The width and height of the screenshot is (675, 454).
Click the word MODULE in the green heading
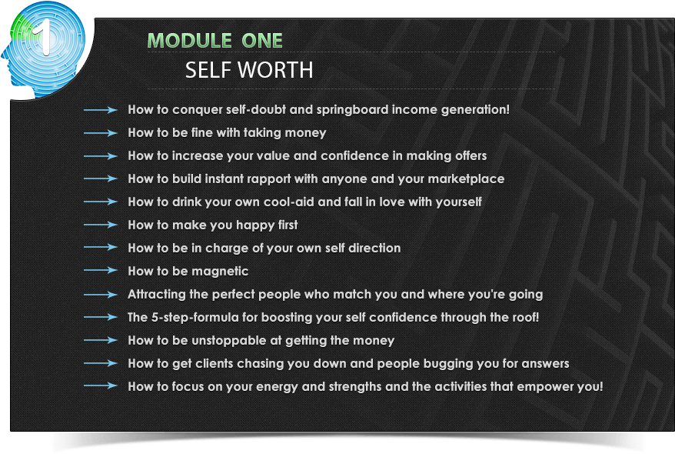(x=190, y=41)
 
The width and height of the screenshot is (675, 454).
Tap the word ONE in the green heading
(x=261, y=41)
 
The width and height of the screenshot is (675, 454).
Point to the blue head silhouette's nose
(x=3, y=55)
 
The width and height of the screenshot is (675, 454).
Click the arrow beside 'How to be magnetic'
(x=100, y=271)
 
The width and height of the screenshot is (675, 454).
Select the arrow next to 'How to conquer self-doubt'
(x=100, y=110)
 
